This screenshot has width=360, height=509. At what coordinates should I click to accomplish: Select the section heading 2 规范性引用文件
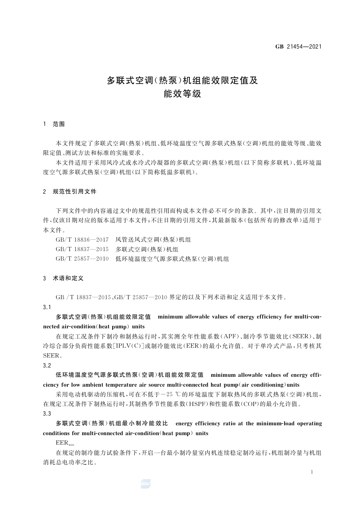click(x=70, y=192)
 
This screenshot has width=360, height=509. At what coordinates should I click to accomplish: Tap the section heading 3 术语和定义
click(x=63, y=278)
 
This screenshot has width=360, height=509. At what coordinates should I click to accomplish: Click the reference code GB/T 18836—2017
click(x=82, y=240)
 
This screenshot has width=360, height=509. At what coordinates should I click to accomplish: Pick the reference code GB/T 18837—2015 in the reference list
click(x=82, y=250)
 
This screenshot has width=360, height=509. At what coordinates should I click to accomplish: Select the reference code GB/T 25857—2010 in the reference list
click(x=82, y=259)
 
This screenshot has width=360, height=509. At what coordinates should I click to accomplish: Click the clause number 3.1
click(x=47, y=307)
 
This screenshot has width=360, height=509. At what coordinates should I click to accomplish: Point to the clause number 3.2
click(x=47, y=365)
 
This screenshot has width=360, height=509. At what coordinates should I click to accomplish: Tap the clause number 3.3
click(x=47, y=414)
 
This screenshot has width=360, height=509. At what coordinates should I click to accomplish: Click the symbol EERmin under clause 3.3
click(x=65, y=443)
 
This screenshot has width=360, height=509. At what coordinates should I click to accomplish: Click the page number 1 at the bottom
click(x=311, y=472)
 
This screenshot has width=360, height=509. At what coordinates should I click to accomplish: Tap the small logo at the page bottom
click(x=146, y=484)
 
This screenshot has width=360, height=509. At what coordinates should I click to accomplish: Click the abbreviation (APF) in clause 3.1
click(x=229, y=336)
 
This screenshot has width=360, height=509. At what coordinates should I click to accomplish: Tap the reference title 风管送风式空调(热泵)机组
click(x=153, y=240)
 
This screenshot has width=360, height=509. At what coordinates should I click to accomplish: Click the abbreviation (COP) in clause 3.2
click(x=250, y=404)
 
